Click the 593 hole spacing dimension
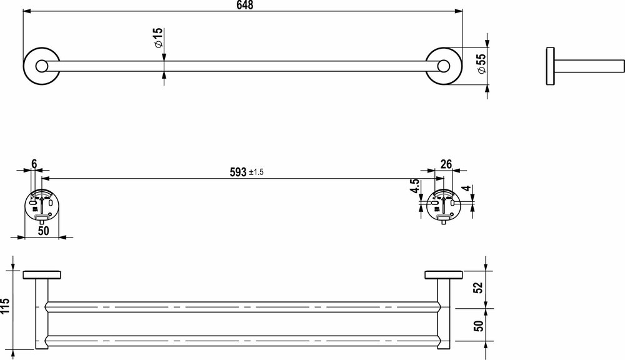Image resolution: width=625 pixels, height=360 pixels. tap(237, 173)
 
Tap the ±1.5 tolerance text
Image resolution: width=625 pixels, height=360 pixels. tap(257, 173)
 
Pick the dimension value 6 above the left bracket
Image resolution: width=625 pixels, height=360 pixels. tap(34, 164)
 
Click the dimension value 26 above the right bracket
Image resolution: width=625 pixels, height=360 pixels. tap(446, 164)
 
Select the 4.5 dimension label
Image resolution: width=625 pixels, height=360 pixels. tap(414, 187)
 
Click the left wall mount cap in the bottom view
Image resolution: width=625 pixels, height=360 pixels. tap(41, 274)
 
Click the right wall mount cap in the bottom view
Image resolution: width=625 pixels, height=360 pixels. tap(443, 274)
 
